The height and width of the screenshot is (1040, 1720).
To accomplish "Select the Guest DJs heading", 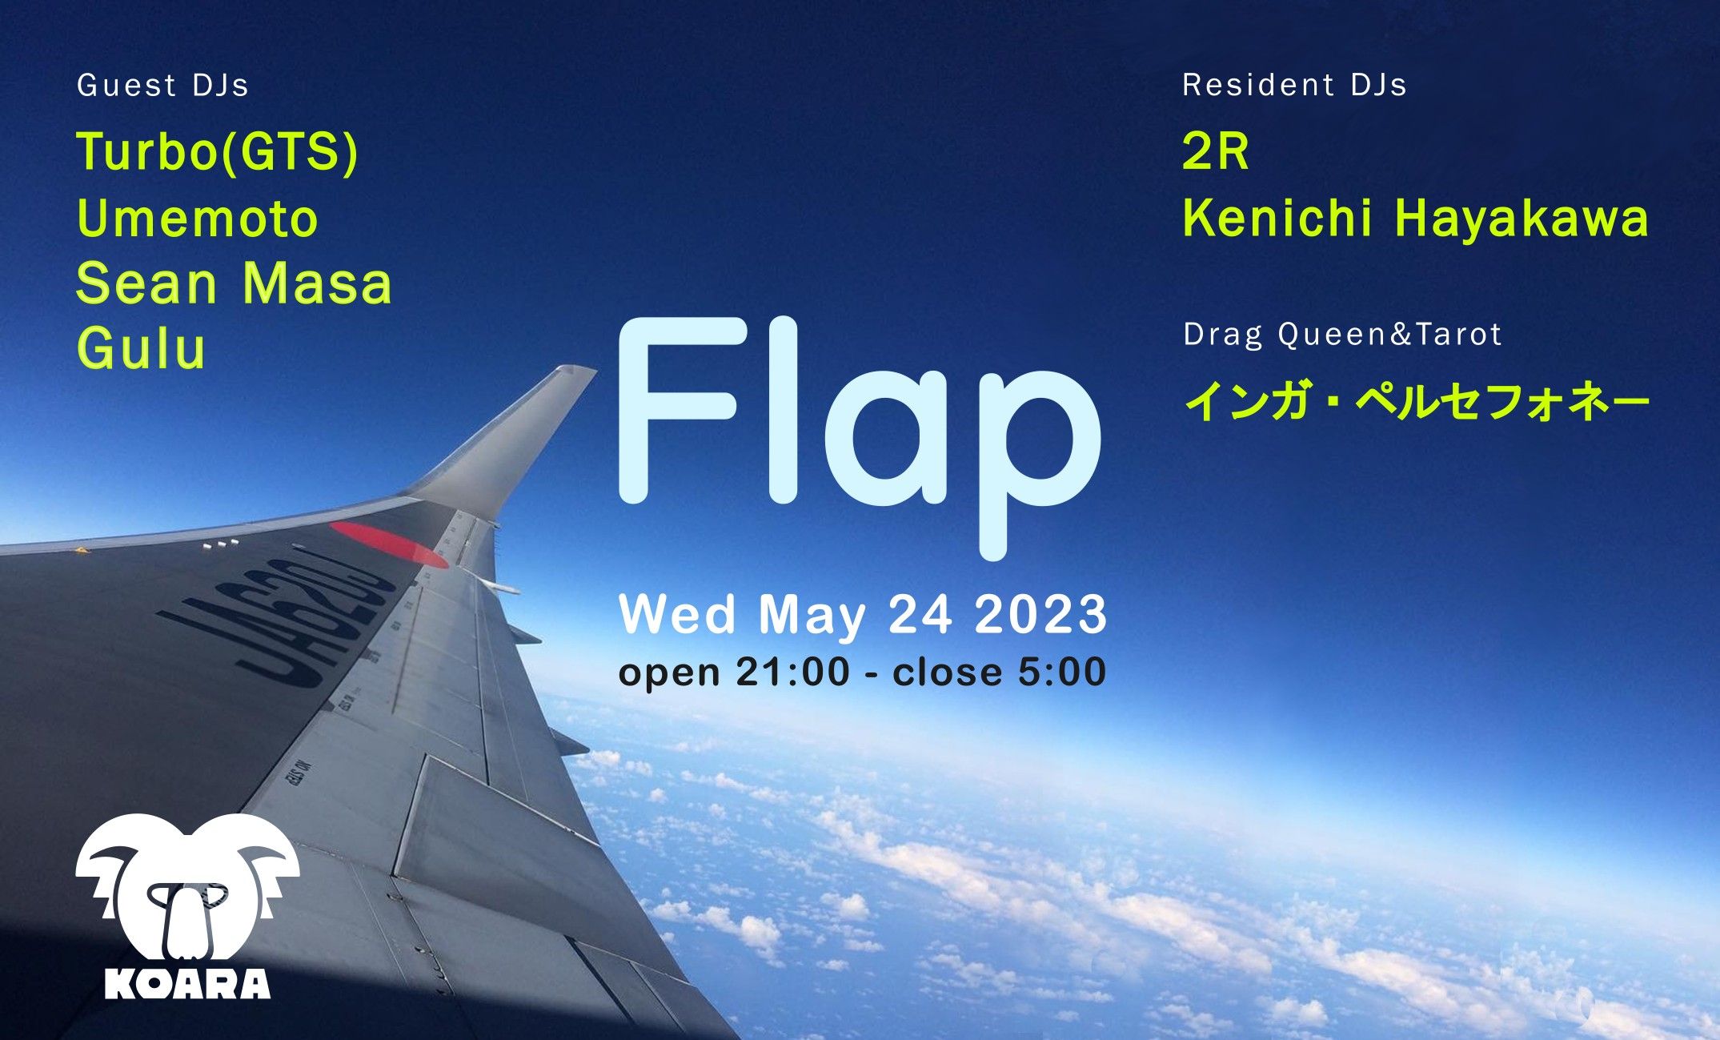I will coord(162,86).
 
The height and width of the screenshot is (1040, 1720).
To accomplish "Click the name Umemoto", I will coord(198,219).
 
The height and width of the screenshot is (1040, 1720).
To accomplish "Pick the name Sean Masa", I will coord(234,283).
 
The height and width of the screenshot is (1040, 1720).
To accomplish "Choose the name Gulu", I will coord(141,349).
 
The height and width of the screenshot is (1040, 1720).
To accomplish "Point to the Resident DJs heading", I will coord(1294,85).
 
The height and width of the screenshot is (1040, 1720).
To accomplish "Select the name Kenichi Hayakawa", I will coord(1415,218).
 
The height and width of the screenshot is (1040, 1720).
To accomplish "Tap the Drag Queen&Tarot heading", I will coord(1342,334).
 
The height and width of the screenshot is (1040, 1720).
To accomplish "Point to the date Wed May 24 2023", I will coord(863,615).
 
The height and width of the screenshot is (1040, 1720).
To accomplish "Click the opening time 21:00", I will coord(792,672).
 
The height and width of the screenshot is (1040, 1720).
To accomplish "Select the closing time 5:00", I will coord(1061,672).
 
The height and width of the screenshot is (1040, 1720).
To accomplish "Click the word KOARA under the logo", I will coord(187,984).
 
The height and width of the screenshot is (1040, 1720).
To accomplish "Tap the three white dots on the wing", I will coord(221,544).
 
